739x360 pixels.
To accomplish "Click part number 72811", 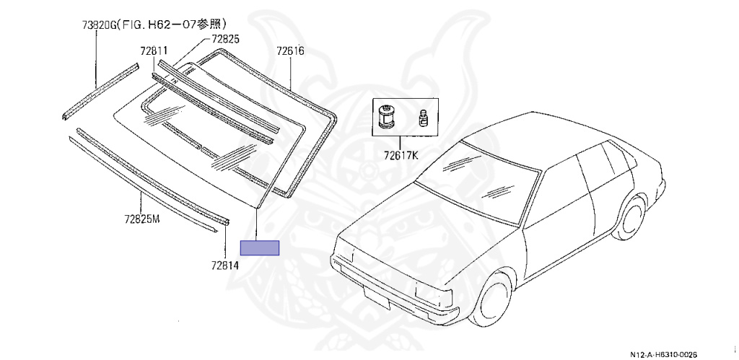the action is (154, 51).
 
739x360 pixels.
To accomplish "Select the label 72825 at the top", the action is (226, 39).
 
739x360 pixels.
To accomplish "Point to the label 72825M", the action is (141, 218).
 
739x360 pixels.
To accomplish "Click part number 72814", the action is (225, 265).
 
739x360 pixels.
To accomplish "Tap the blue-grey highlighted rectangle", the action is (259, 247).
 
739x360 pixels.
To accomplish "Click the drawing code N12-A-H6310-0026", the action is (663, 354).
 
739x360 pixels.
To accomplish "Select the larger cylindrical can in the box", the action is (385, 115).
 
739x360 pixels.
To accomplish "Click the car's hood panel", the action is (419, 224).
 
